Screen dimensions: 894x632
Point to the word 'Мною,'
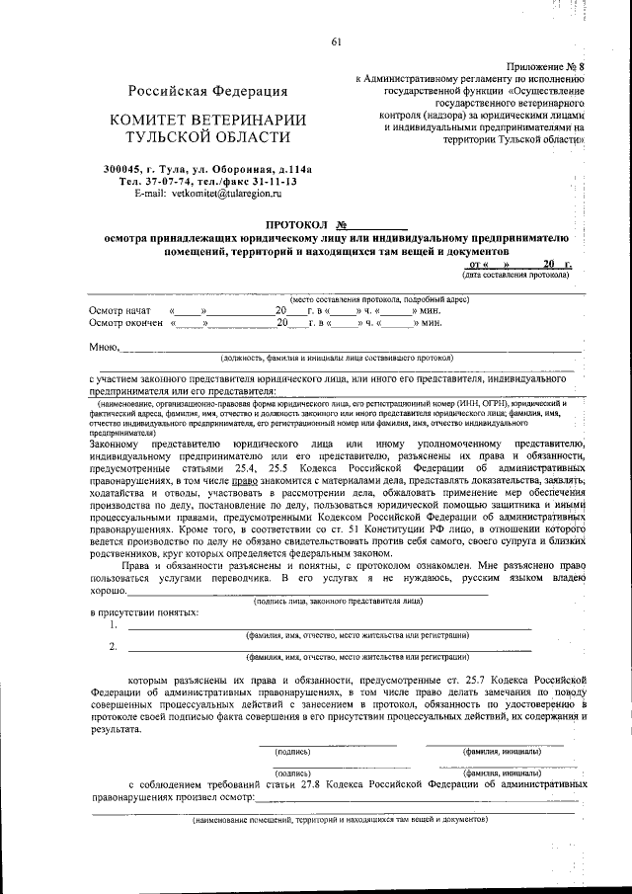click(105, 347)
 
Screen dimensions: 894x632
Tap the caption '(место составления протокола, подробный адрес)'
click(379, 299)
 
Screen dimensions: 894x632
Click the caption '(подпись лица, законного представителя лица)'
click(339, 600)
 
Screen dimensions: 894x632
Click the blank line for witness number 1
click(326, 625)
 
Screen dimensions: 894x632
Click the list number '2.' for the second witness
click(114, 647)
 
